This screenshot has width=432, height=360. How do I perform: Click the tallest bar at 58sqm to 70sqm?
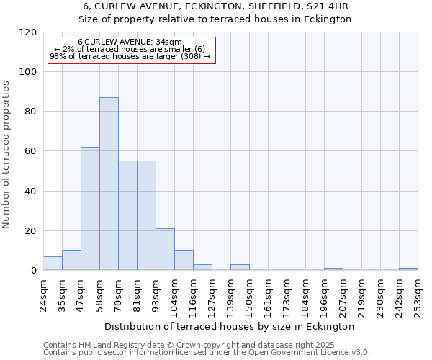(109, 184)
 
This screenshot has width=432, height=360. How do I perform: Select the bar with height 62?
(90, 209)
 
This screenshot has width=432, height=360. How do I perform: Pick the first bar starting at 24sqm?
(53, 264)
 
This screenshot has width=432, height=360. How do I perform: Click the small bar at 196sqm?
(333, 269)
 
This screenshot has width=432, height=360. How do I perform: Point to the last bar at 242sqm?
(408, 269)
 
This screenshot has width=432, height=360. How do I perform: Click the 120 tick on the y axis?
(28, 32)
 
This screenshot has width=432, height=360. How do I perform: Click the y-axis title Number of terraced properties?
(7, 155)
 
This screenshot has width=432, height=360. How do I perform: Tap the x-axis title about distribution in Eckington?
(230, 326)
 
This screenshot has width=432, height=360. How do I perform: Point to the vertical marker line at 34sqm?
(60, 166)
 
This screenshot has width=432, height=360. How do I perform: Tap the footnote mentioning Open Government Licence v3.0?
(207, 353)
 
